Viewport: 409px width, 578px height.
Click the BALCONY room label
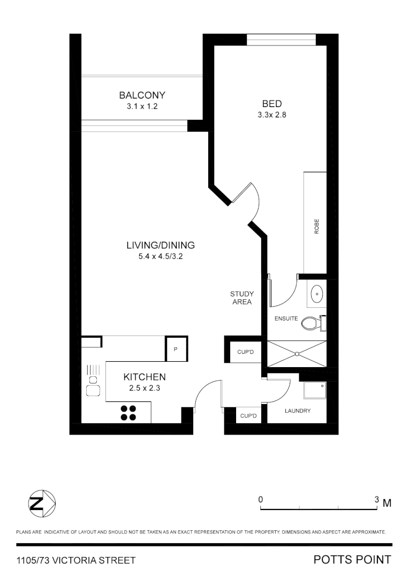point(142,95)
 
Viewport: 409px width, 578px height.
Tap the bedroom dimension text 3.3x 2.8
point(271,115)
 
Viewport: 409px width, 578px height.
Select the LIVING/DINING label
point(160,246)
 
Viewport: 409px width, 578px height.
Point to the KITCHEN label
point(145,377)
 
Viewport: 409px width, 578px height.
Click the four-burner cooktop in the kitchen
point(128,413)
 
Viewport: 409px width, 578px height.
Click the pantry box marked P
point(176,349)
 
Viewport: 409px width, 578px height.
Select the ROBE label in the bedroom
point(316,227)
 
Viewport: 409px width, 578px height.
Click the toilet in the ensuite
point(310,323)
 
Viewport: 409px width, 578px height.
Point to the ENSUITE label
point(286,318)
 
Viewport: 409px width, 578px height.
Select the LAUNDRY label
point(297,411)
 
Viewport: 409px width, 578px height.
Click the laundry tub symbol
point(314,391)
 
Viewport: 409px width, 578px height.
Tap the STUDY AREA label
point(242,298)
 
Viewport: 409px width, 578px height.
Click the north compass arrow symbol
point(42,503)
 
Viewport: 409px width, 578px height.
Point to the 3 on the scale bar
point(377,499)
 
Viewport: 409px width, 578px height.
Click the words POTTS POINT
point(352,560)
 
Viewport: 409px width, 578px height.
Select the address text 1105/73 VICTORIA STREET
point(76,560)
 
